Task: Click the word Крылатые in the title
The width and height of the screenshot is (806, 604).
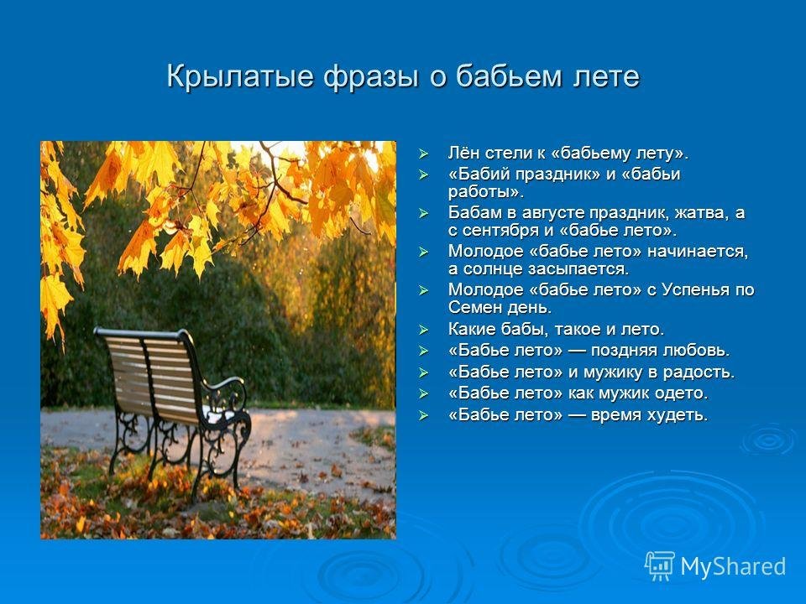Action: pyautogui.click(x=239, y=77)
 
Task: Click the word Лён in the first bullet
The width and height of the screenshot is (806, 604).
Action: pyautogui.click(x=464, y=153)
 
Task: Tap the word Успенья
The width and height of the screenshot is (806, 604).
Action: pyautogui.click(x=695, y=290)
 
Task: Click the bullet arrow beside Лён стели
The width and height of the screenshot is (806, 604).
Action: pyautogui.click(x=423, y=154)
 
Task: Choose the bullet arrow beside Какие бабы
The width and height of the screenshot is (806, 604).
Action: pyautogui.click(x=423, y=329)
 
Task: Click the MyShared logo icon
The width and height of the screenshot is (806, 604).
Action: pyautogui.click(x=659, y=566)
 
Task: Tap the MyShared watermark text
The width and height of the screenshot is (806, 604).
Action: pyautogui.click(x=733, y=567)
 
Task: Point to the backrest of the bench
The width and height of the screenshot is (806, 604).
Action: pyautogui.click(x=150, y=369)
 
